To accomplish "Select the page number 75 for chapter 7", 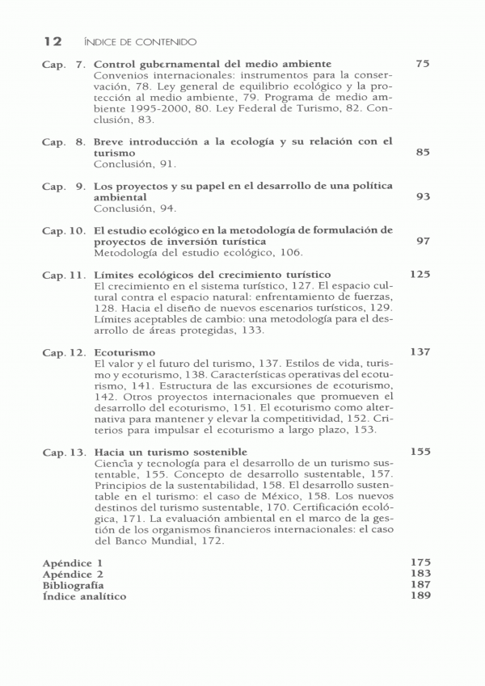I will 421,63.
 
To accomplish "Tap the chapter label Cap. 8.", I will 64,141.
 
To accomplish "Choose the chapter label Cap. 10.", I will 64,230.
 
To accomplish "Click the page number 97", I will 421,241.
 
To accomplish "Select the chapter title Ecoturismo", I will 124,352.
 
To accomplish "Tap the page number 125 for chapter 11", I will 419,275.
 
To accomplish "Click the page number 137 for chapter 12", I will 419,352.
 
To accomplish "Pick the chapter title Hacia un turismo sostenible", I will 170,452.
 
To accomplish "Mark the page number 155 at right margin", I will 419,452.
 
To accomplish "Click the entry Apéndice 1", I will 74,562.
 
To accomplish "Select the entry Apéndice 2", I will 74,573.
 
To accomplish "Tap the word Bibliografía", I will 74,584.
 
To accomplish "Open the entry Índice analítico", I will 84,596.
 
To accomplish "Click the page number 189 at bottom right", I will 419,596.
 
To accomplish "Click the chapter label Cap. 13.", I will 64,452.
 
